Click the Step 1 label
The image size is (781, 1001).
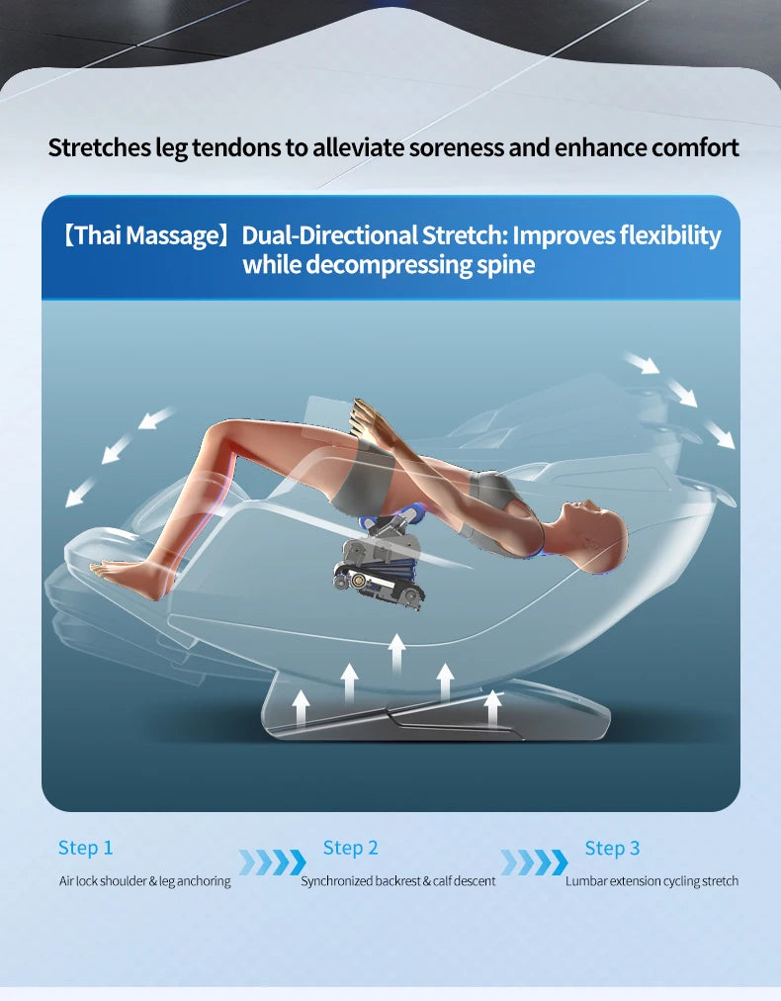tap(86, 848)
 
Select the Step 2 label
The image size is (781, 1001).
tap(350, 848)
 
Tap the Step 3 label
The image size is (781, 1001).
tap(612, 848)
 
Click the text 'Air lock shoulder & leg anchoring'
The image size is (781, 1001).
tap(144, 880)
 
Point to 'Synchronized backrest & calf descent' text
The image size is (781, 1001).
tap(397, 880)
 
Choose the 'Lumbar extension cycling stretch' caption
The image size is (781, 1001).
tap(651, 880)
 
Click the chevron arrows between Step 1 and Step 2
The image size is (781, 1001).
tap(272, 863)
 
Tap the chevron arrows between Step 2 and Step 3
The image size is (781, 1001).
tap(534, 863)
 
